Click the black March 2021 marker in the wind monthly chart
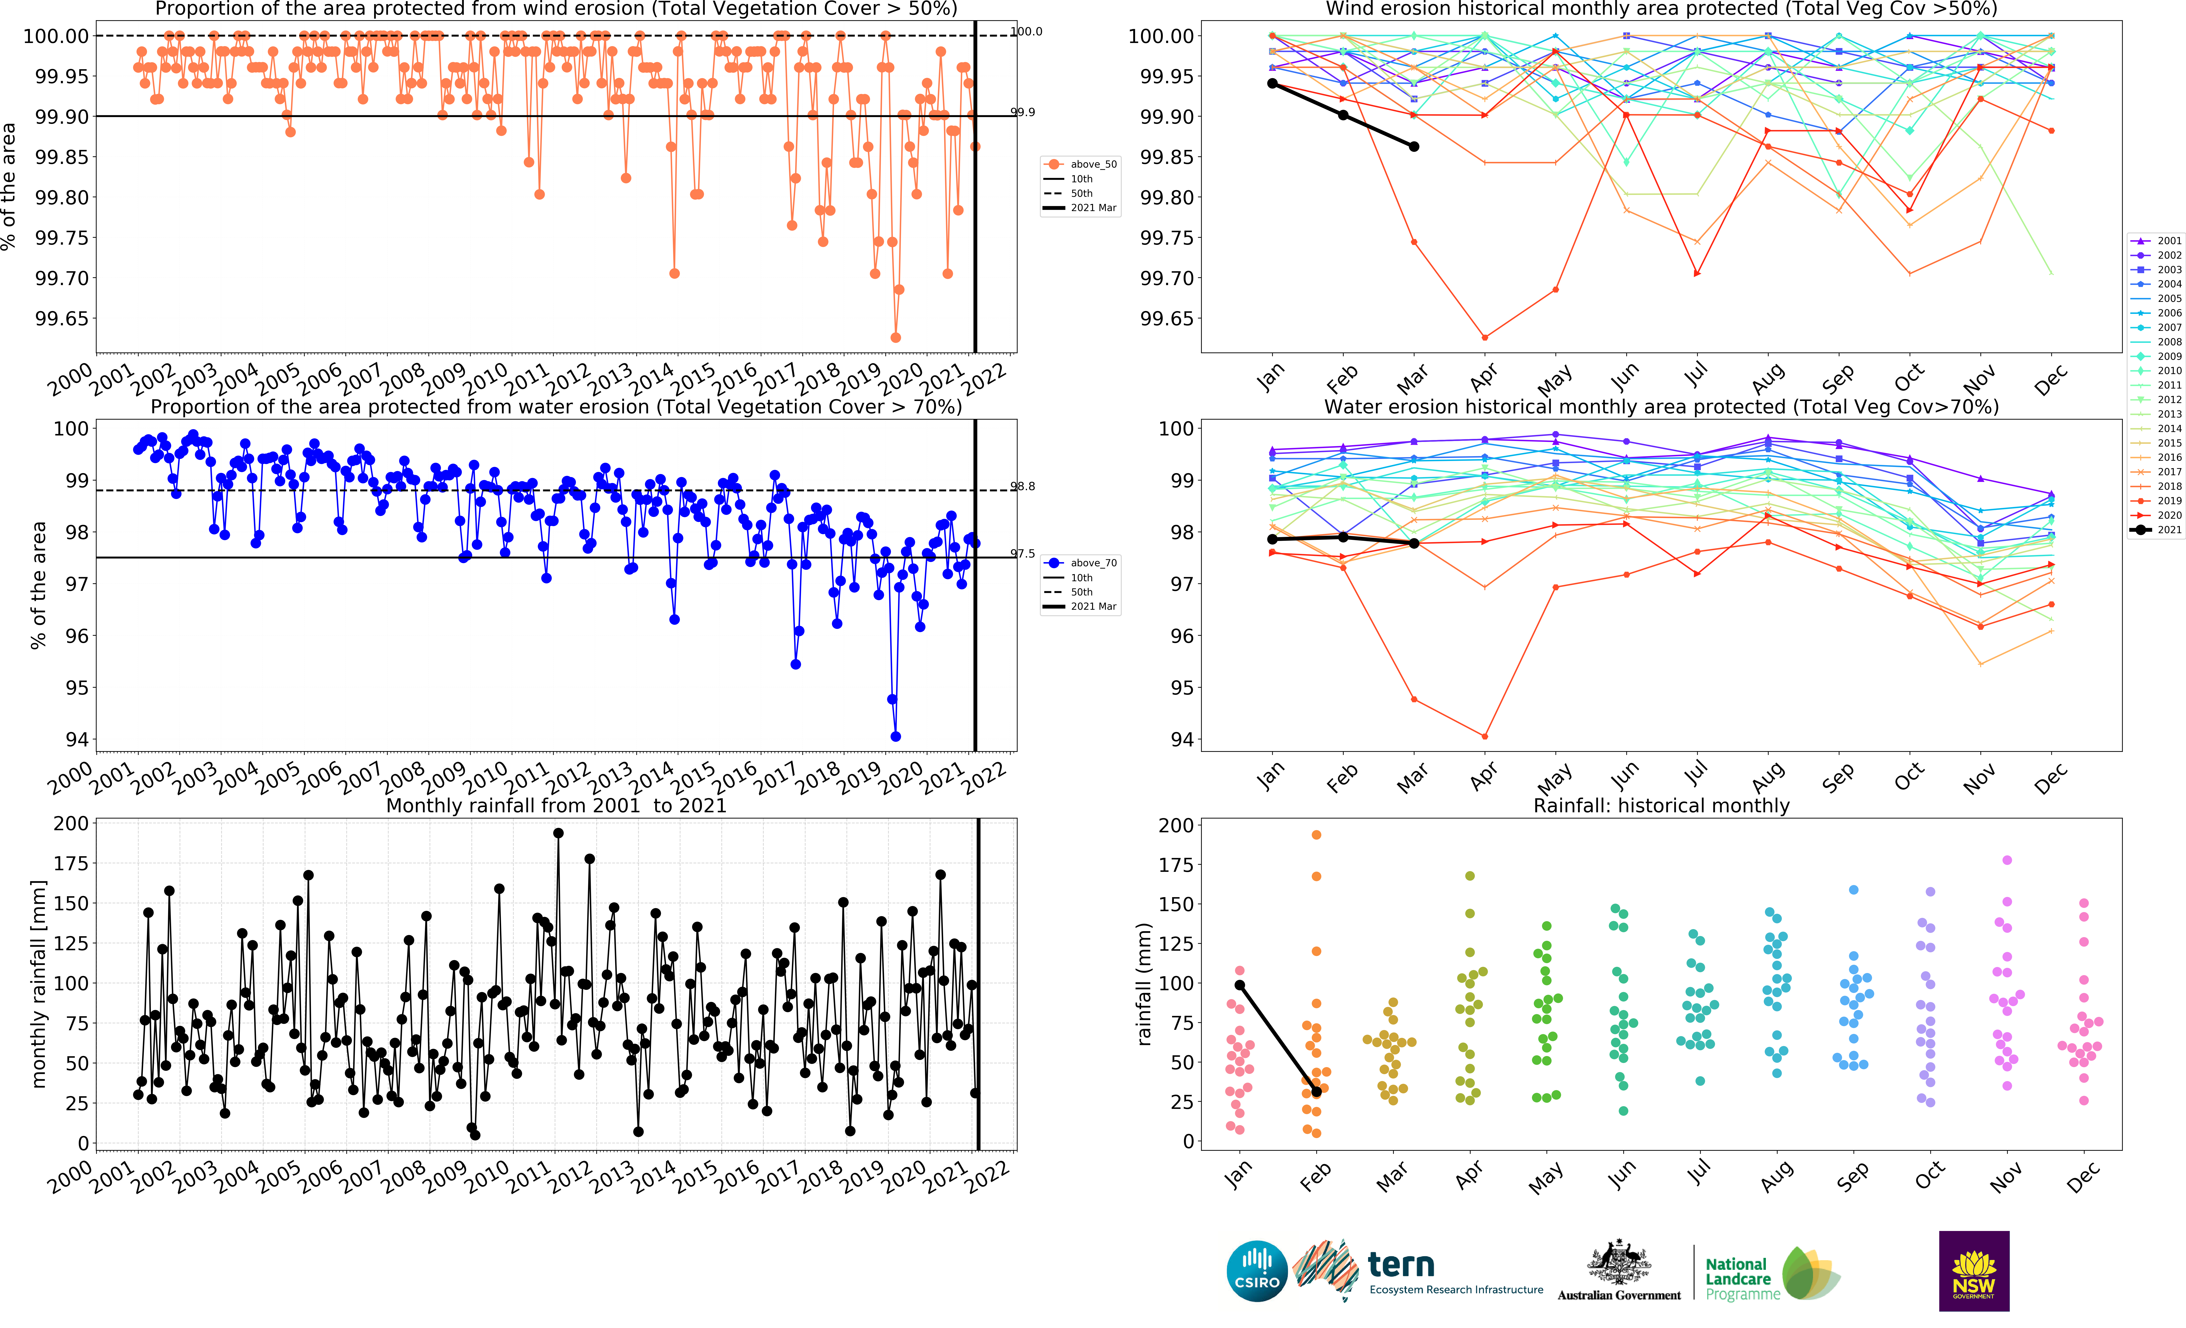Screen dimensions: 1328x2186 pyautogui.click(x=1414, y=146)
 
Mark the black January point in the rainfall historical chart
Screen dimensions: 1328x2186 pyautogui.click(x=1239, y=985)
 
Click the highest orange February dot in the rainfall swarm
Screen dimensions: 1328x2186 pyautogui.click(x=1317, y=835)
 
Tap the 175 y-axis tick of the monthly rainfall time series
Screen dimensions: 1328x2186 pyautogui.click(x=71, y=863)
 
